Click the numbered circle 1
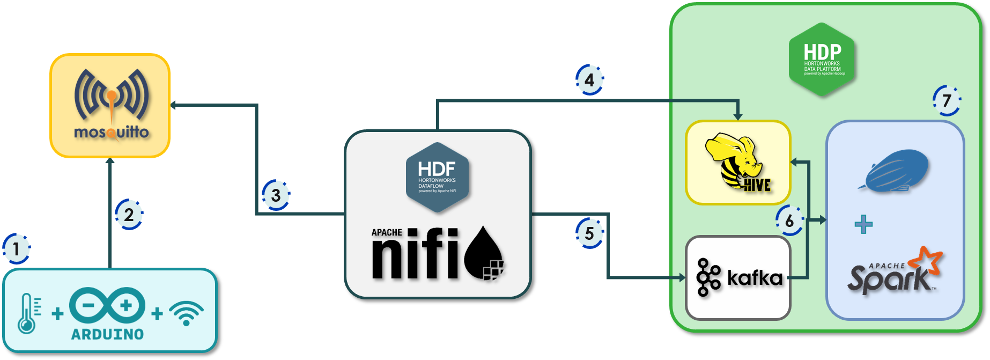pos(16,249)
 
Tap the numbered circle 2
pos(129,215)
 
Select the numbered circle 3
pos(276,195)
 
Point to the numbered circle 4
pos(589,80)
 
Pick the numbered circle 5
pos(589,233)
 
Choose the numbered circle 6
pos(789,221)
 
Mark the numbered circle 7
pos(947,100)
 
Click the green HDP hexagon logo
pos(822,60)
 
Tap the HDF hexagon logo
pos(437,177)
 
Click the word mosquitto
pos(111,132)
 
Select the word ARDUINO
pos(108,334)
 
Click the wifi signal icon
pos(186,313)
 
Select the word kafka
pos(755,278)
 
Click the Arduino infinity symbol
pos(107,306)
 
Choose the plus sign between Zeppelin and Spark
pos(863,224)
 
